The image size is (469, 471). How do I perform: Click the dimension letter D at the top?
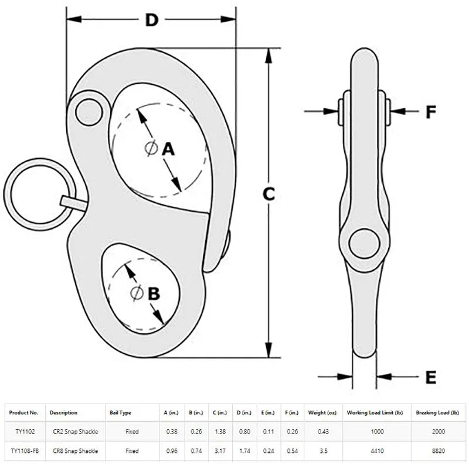coord(152,21)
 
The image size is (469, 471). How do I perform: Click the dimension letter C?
coord(268,194)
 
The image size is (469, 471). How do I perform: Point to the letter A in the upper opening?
coord(169,149)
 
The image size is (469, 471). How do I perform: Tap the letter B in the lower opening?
coord(154,293)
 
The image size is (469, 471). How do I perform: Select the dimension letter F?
coord(431,111)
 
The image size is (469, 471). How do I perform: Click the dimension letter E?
coord(431,378)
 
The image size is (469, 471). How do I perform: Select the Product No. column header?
coord(24,413)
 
